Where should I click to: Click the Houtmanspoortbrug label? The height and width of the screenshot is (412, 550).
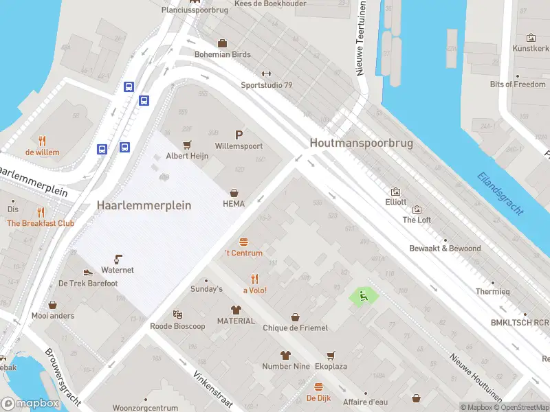coord(361,143)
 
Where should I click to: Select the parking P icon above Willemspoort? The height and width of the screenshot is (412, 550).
coord(239,135)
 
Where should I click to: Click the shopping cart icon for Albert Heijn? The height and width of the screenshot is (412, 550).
coord(187,145)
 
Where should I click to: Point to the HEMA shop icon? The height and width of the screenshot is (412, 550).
coord(234,193)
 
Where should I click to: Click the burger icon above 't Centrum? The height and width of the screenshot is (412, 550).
coord(243,242)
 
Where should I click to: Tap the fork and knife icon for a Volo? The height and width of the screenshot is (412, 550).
coord(254,279)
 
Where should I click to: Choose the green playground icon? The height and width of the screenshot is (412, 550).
coord(364,296)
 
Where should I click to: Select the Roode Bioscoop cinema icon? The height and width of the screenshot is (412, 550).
coord(177,314)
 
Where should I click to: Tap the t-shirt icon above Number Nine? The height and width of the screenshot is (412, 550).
coord(285,355)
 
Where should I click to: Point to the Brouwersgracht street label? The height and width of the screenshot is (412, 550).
coord(63,376)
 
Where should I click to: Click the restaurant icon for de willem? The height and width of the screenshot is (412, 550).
coord(42,141)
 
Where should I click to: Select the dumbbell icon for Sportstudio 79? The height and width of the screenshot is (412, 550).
coord(267,74)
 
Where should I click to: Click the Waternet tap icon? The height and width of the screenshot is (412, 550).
coord(118,259)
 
